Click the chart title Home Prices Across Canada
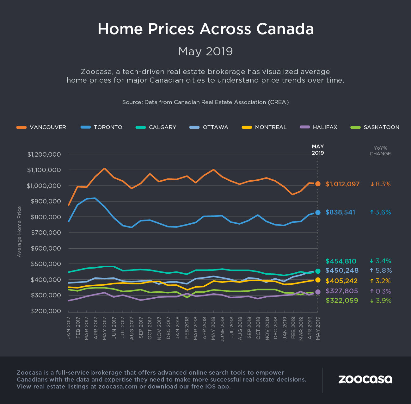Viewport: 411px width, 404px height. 205,29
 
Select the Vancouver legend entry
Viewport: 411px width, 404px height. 41,127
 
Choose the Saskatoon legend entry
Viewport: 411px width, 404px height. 375,127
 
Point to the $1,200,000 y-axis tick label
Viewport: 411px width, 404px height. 44,154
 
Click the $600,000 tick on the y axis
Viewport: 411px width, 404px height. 46,248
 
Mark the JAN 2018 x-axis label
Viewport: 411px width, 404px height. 177,328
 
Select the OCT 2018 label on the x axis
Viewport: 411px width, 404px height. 258,328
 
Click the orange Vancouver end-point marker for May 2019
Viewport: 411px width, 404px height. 318,184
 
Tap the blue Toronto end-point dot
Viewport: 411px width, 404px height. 318,213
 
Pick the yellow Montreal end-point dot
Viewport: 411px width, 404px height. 318,280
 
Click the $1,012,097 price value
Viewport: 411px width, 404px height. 342,184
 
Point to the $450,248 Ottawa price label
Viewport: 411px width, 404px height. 342,270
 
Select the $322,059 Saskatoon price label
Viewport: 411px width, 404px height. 342,301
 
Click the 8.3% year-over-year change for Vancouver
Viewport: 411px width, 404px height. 381,184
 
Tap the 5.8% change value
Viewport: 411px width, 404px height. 381,270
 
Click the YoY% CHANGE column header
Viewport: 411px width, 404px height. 380,151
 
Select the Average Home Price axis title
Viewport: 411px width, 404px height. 19,232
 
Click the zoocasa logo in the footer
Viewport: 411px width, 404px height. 365,379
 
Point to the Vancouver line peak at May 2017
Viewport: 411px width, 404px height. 105,168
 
